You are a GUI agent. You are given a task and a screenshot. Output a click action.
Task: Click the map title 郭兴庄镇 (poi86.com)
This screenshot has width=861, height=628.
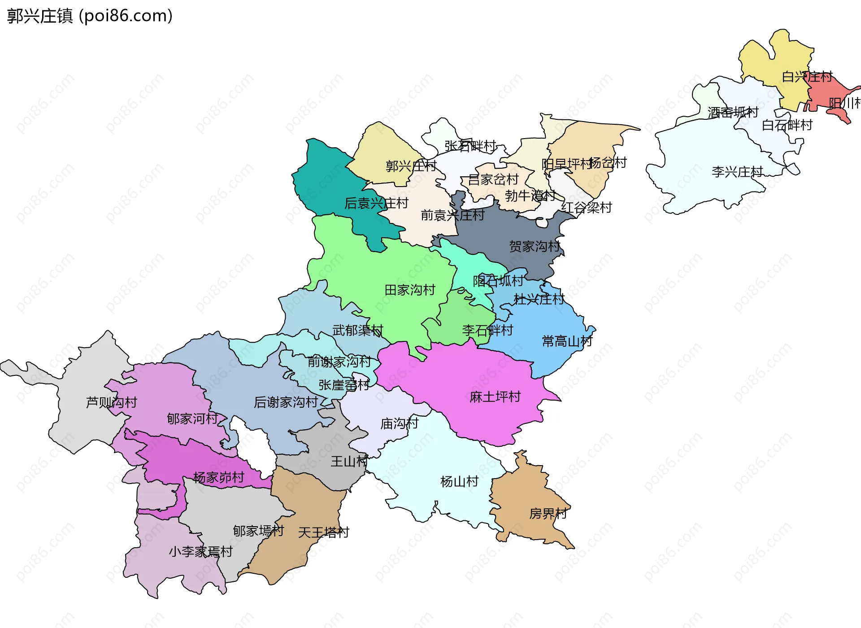tap(90, 16)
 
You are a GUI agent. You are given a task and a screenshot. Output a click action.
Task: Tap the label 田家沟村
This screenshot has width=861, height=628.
tap(410, 290)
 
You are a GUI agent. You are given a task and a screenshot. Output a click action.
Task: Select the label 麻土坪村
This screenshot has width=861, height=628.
tap(495, 397)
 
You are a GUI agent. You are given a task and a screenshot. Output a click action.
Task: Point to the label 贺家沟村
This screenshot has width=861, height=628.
tap(535, 246)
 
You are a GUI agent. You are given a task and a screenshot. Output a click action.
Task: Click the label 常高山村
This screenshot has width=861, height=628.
tap(567, 341)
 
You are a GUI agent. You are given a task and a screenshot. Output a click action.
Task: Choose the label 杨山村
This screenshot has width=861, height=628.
tap(460, 482)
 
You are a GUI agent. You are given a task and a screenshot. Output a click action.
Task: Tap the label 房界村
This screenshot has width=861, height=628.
tap(548, 514)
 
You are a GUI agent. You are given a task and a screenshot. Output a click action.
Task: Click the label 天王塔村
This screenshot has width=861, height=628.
tap(323, 533)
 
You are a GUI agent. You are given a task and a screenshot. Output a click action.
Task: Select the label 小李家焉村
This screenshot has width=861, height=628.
tap(201, 552)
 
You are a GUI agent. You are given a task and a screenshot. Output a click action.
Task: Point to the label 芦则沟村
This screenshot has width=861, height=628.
tap(112, 402)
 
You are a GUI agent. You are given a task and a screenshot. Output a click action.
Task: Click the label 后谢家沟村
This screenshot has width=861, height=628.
tap(286, 402)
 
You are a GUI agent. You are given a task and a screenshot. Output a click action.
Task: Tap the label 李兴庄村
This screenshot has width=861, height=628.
tap(737, 172)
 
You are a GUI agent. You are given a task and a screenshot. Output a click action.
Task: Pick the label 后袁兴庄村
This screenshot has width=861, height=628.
tap(376, 204)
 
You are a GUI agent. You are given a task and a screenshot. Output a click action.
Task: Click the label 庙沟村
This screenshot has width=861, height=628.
tap(399, 423)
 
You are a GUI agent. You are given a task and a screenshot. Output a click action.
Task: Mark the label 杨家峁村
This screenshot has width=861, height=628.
tap(219, 477)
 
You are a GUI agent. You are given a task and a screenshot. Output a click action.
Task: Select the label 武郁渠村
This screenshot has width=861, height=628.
tap(358, 331)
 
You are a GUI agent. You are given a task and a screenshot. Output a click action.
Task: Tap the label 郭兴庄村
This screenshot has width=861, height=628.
tap(411, 166)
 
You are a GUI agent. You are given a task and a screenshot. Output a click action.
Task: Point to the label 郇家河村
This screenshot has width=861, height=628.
tap(192, 419)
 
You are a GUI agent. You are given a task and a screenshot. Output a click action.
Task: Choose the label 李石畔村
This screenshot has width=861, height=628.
tap(487, 331)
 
